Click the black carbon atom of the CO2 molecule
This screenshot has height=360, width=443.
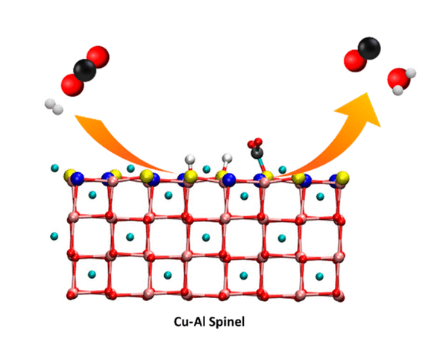point(85,70)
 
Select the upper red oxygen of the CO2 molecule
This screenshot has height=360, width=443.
point(98,57)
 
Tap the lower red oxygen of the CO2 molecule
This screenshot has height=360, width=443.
point(72,85)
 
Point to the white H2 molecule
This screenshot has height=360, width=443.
point(54,107)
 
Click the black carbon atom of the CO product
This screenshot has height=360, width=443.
point(369,48)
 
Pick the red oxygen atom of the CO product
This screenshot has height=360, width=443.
point(355,60)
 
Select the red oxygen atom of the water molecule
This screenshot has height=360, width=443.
point(398,79)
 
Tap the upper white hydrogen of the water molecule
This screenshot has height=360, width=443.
point(411,73)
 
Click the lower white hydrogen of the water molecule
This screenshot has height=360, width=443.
point(398,90)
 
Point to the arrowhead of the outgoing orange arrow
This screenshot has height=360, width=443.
point(362,109)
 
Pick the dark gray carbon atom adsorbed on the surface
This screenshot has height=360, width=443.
point(257,153)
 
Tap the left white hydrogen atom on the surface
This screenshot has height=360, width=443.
point(190,160)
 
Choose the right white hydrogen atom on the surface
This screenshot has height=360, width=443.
point(227,158)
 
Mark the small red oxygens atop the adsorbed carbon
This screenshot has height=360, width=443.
point(255,143)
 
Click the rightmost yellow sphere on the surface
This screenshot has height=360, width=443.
point(342,178)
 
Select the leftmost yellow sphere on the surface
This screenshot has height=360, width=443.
point(69,175)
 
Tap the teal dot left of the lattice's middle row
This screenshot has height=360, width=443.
point(54,236)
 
